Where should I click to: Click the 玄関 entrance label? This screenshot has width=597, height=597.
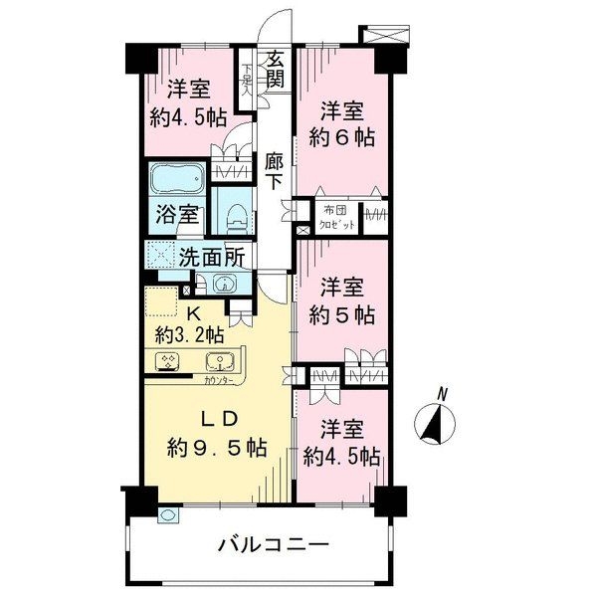click(x=276, y=70)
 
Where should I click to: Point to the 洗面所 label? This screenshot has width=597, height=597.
click(x=211, y=255)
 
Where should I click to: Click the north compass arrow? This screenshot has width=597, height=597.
click(x=434, y=421)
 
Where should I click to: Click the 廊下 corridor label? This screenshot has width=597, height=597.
click(x=275, y=169)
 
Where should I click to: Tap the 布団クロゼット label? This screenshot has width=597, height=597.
click(x=338, y=217)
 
